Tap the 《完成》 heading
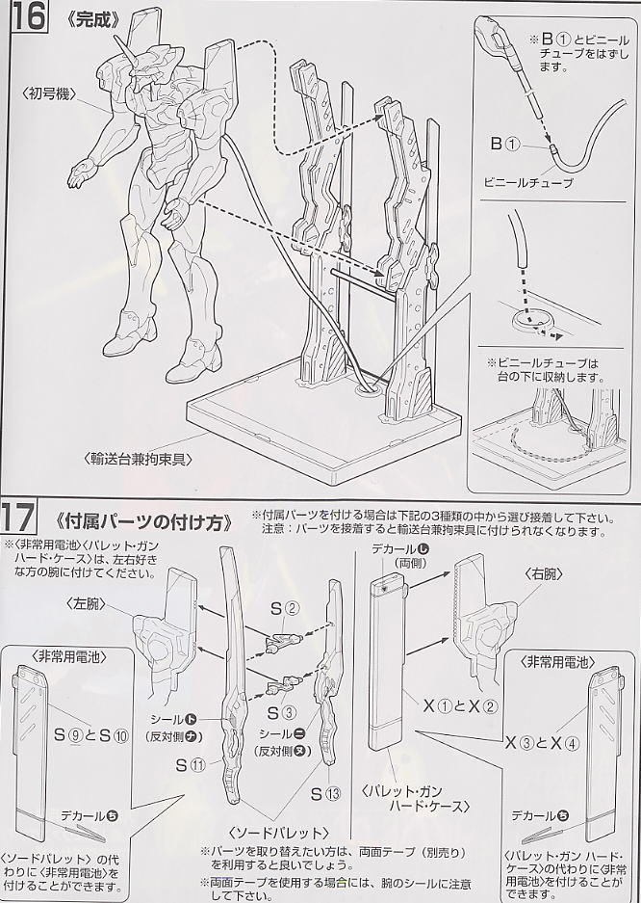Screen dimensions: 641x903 coord(91,19)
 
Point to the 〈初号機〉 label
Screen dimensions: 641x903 coord(50,93)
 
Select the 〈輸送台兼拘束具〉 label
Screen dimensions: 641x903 coord(139,459)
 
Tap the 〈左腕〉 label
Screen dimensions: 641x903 coord(87,604)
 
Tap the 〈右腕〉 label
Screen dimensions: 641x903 coord(542,574)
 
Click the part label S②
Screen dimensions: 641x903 coord(285,607)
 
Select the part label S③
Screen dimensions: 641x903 coord(282,712)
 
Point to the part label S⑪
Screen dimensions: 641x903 coord(191,765)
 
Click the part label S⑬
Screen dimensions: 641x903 coord(326,794)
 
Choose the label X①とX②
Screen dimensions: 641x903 coord(460,706)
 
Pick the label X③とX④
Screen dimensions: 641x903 coord(542,743)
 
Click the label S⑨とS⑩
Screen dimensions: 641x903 coord(91,735)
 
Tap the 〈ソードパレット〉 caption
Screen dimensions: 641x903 coord(278,833)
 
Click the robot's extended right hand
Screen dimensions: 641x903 coord(82,171)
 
